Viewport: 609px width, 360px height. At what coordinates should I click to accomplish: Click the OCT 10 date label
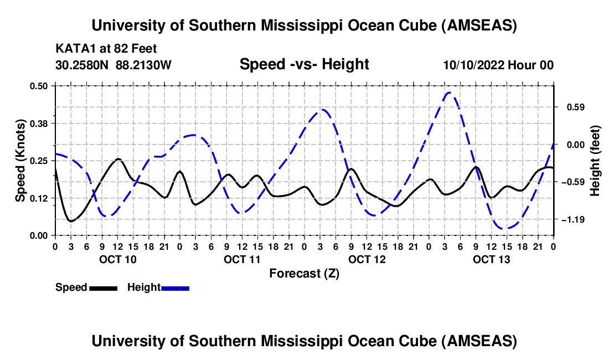(117, 259)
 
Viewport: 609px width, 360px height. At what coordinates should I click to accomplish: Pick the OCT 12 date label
(367, 259)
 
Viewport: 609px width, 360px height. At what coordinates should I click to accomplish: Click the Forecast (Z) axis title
(304, 273)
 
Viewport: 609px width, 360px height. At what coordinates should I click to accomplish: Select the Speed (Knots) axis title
(20, 160)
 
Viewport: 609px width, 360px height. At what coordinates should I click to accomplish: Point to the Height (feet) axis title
(596, 161)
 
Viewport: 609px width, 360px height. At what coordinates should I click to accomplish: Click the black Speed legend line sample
(103, 287)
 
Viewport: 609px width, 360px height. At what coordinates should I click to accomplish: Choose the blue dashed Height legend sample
(175, 287)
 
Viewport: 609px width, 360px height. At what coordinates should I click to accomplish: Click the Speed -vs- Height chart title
(304, 64)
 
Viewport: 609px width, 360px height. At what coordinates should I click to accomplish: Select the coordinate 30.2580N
(82, 65)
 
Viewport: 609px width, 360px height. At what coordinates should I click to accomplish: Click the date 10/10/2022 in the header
(474, 65)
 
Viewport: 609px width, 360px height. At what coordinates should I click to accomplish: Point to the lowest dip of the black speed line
(70, 221)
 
